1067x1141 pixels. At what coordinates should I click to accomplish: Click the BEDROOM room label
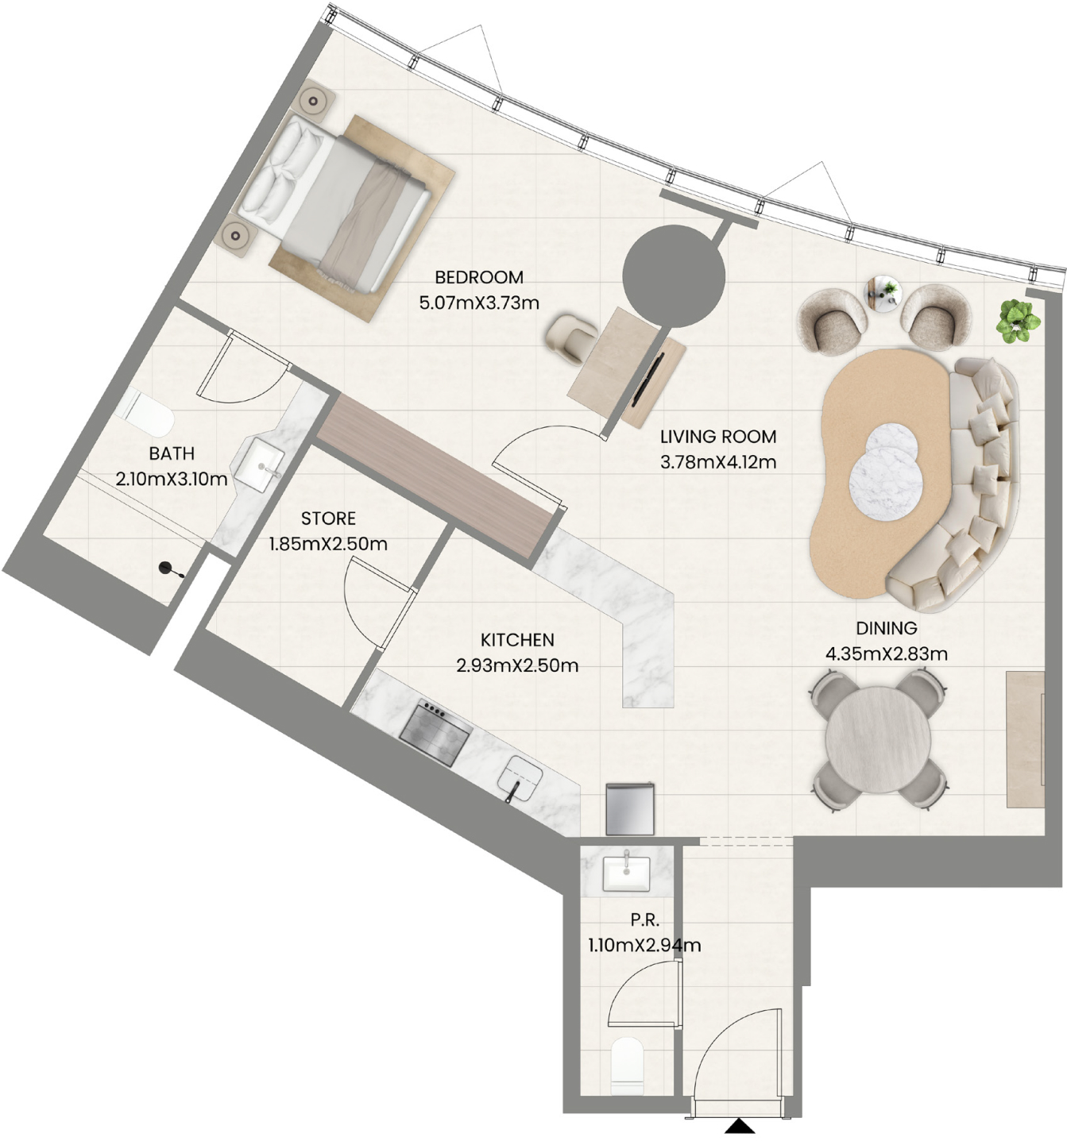[479, 277]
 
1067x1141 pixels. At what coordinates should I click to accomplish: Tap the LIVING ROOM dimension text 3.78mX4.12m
[718, 462]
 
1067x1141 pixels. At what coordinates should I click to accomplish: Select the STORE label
[328, 518]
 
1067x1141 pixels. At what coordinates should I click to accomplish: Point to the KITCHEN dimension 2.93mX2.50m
[517, 665]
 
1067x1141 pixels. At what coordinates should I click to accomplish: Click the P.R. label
[644, 919]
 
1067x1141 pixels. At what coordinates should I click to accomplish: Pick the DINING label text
[887, 628]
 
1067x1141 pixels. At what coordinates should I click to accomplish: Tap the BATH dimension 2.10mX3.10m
[172, 479]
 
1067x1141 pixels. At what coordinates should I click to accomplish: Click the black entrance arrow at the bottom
[739, 1125]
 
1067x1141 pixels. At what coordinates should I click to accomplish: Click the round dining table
[878, 739]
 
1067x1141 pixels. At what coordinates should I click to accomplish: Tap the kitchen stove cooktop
[436, 732]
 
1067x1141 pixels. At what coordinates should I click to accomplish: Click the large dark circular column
[673, 276]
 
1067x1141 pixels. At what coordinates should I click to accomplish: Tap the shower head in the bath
[169, 569]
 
